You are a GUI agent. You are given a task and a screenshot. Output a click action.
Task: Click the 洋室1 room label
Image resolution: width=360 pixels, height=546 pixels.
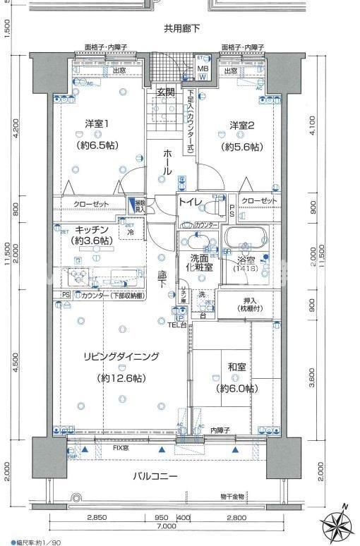[x=96, y=124]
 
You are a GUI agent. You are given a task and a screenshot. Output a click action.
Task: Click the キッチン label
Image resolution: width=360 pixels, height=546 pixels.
[x=92, y=229]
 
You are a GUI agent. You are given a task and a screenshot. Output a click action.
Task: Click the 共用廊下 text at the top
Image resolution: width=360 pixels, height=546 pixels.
[x=181, y=29]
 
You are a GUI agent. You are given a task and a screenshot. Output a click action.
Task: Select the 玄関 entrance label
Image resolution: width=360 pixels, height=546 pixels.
[x=166, y=92]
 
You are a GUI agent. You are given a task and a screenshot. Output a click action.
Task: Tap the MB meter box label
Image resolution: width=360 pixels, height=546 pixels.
[x=203, y=68]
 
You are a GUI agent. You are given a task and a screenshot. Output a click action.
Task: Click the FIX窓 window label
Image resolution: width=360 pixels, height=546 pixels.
[x=121, y=448]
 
